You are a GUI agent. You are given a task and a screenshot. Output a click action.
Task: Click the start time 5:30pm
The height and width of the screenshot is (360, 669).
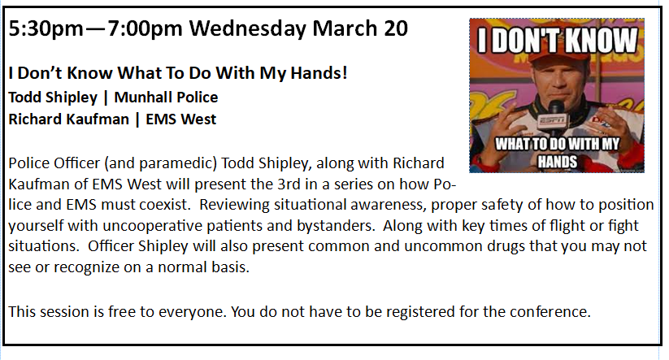click(46, 29)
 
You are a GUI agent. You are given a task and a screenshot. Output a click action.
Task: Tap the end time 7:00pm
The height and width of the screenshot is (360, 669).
click(145, 29)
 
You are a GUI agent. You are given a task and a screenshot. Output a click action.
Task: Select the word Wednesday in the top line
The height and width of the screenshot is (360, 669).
click(247, 29)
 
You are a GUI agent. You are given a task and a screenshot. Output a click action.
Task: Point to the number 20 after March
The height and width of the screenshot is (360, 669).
click(396, 28)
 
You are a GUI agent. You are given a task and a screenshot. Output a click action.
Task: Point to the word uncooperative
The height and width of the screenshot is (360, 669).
click(151, 226)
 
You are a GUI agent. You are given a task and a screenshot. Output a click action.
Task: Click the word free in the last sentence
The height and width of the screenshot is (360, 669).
click(122, 312)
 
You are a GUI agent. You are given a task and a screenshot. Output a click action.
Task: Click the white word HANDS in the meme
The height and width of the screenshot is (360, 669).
click(557, 162)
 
